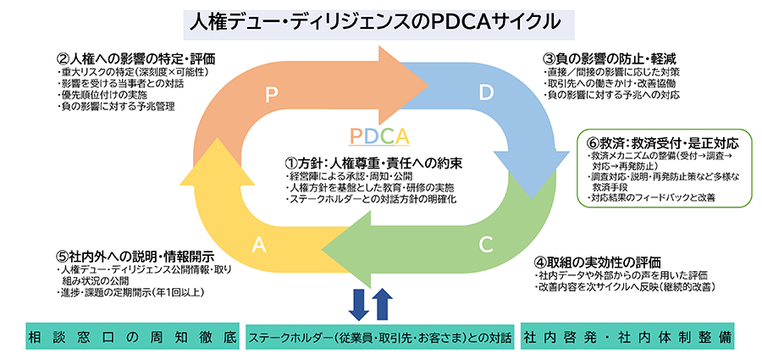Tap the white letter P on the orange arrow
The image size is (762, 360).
click(273, 95)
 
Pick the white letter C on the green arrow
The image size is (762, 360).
click(485, 245)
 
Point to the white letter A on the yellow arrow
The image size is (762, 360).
click(259, 245)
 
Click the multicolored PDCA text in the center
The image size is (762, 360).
click(378, 136)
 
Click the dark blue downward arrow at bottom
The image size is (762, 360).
click(358, 304)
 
